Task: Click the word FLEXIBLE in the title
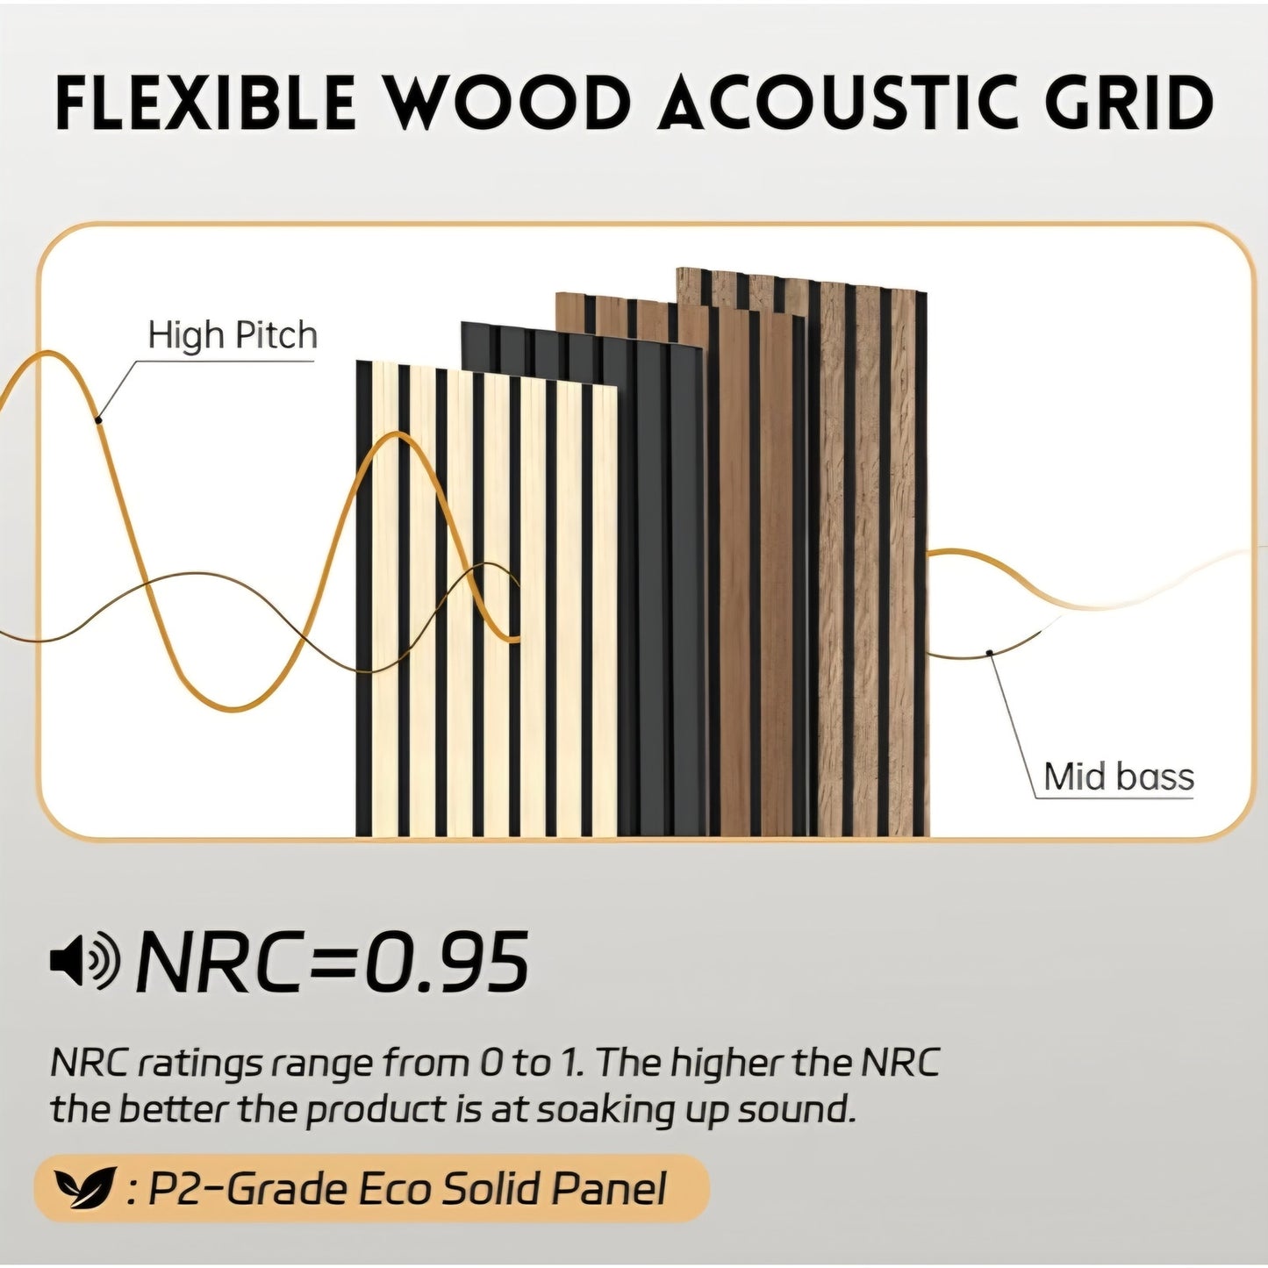[x=205, y=103]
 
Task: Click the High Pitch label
[x=232, y=335]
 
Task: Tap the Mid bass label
[x=1119, y=777]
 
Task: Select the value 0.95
[x=447, y=961]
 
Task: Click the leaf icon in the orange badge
[x=85, y=1188]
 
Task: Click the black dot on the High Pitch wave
[x=99, y=420]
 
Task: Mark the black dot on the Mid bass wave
[x=989, y=652]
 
